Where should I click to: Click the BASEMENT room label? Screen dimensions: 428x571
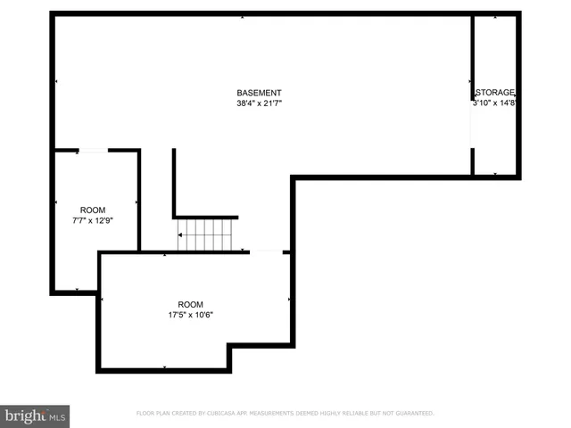(x=259, y=93)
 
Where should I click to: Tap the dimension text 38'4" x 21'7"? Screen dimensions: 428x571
(x=259, y=103)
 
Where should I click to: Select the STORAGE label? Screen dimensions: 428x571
(x=496, y=93)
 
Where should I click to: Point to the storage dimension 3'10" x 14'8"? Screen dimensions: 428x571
(x=496, y=103)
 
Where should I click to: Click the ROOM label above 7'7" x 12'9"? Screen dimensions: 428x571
(x=93, y=210)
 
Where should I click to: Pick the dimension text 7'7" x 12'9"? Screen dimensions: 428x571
(x=93, y=220)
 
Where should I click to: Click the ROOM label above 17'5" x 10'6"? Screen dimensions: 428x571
(x=190, y=303)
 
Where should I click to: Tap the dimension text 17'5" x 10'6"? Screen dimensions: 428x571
(x=190, y=314)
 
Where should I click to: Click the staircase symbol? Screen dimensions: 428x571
(x=205, y=235)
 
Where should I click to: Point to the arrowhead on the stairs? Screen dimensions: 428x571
(x=180, y=235)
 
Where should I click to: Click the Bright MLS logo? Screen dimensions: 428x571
(x=36, y=416)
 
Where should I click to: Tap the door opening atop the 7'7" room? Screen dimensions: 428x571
(x=93, y=151)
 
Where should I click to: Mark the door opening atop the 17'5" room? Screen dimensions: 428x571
(x=266, y=252)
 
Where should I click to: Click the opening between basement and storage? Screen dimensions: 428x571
(x=472, y=124)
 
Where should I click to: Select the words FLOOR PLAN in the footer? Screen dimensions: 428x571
(x=155, y=414)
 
